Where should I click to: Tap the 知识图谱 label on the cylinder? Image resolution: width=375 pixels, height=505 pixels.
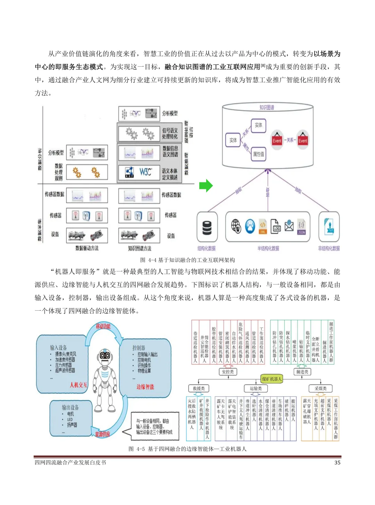267,108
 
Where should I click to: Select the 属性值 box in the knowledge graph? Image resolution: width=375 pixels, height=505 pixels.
258,154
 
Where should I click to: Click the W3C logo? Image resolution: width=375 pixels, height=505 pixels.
145,172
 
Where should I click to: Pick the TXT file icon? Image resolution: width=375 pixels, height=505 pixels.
329,226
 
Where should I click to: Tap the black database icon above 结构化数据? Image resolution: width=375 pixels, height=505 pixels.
207,227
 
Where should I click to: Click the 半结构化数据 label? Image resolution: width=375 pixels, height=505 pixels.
268,249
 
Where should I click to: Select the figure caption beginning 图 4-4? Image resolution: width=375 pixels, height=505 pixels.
187,260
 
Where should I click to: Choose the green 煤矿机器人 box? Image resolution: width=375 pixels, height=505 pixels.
272,379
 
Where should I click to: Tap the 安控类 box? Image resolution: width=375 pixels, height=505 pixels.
228,372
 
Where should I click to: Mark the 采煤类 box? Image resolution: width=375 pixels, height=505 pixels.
320,388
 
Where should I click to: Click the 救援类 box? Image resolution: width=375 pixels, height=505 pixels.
199,388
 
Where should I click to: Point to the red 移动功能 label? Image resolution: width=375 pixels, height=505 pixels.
103,326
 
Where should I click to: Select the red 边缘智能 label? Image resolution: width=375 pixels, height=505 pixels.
145,387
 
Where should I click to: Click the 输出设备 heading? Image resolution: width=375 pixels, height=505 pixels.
70,407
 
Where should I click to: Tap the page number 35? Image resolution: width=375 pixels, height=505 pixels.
337,463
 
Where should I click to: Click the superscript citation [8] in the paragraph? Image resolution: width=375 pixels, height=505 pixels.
263,65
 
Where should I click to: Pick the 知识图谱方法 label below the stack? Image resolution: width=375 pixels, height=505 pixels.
140,249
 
